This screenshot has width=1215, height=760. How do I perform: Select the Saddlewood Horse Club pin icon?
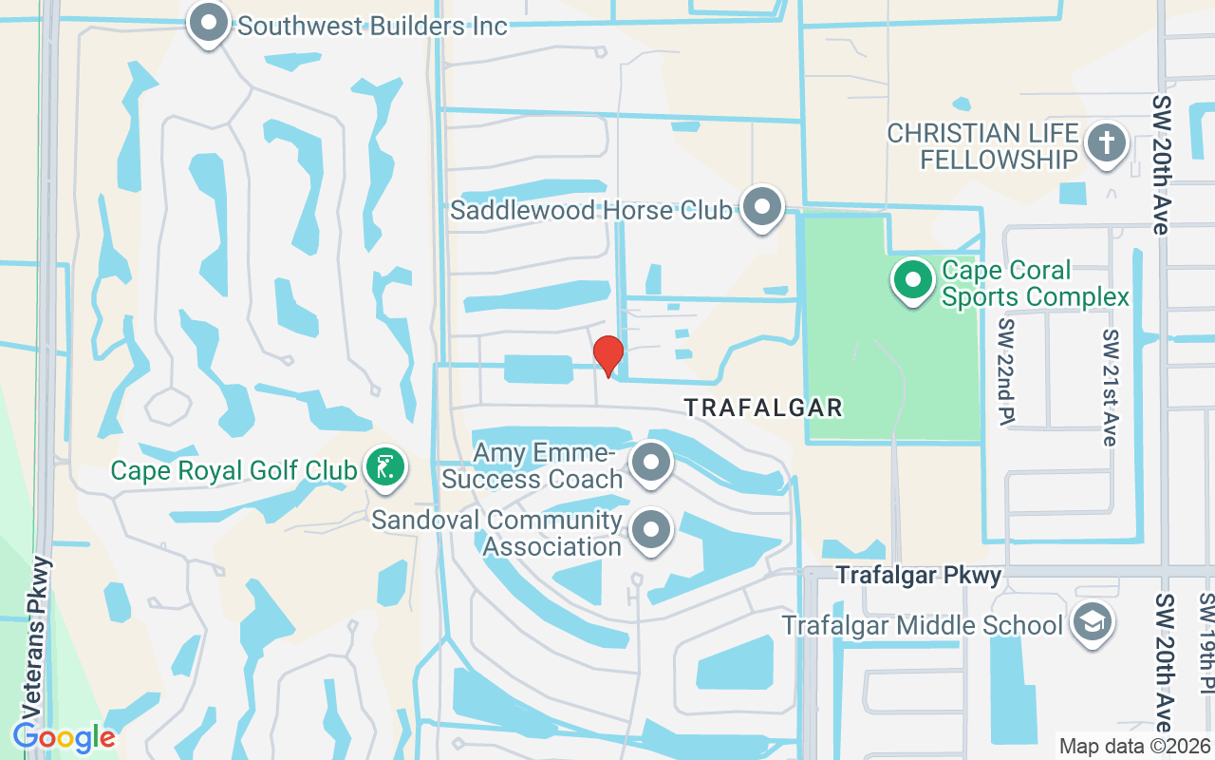pyautogui.click(x=760, y=208)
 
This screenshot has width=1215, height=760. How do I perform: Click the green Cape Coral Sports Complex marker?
pyautogui.click(x=913, y=281)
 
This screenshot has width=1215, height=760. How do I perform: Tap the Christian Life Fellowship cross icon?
pyautogui.click(x=1105, y=144)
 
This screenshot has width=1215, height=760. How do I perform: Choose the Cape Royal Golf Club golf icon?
pyautogui.click(x=385, y=468)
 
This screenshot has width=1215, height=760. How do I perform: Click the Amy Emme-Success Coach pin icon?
pyautogui.click(x=651, y=465)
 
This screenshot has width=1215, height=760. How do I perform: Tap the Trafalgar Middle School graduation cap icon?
pyautogui.click(x=1092, y=624)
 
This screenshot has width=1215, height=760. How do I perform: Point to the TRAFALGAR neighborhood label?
pyautogui.click(x=763, y=408)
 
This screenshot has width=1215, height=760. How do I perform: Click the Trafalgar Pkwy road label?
pyautogui.click(x=918, y=576)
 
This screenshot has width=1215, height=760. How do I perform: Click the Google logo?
pyautogui.click(x=64, y=736)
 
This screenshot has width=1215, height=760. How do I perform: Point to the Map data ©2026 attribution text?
pyautogui.click(x=1134, y=747)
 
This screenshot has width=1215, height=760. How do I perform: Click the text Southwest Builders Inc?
pyautogui.click(x=372, y=26)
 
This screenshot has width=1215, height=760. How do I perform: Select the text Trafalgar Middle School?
pyautogui.click(x=922, y=626)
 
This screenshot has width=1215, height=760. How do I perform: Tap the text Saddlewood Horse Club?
pyautogui.click(x=591, y=210)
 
